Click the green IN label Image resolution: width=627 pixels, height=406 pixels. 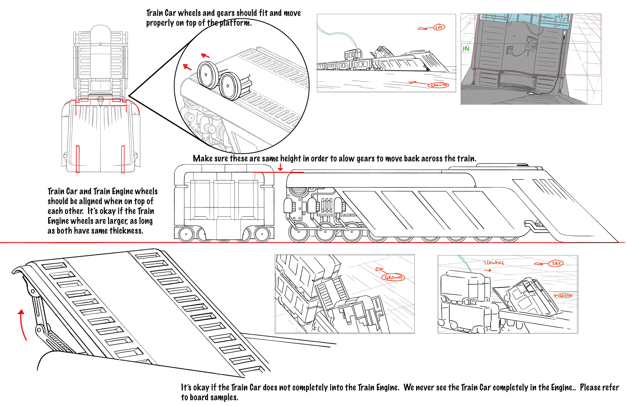[x=466, y=49]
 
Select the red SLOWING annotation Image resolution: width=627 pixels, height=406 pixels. [x=494, y=263]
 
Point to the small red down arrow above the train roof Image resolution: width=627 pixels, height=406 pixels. [x=281, y=167]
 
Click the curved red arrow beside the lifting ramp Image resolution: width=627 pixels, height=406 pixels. [x=23, y=324]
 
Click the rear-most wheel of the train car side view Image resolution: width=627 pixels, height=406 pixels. [x=186, y=234]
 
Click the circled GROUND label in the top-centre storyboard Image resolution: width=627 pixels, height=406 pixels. [x=438, y=85]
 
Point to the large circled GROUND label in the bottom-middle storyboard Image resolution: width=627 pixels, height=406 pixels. [x=393, y=277]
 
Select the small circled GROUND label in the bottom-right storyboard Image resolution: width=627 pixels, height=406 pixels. [x=565, y=296]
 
